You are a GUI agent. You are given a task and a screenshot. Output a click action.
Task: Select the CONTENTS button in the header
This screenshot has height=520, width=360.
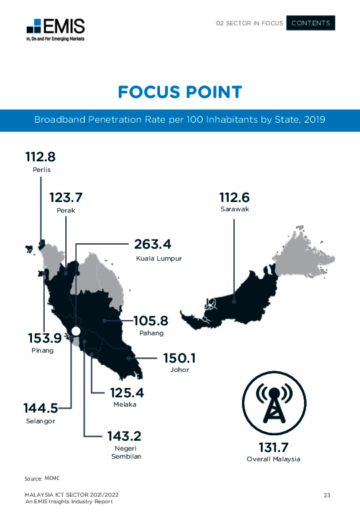tap(311, 23)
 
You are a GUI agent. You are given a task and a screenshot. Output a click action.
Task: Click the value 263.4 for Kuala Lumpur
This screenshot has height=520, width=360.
tap(162, 243)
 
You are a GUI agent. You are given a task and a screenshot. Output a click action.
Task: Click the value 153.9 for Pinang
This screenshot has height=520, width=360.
tap(41, 337)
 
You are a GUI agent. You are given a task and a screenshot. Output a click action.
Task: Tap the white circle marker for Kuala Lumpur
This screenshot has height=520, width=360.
tap(76, 331)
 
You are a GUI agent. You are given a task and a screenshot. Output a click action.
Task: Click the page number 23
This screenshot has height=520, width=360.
tap(327, 495)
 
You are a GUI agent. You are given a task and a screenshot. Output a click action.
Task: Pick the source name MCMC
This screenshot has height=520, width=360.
tap(52, 479)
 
